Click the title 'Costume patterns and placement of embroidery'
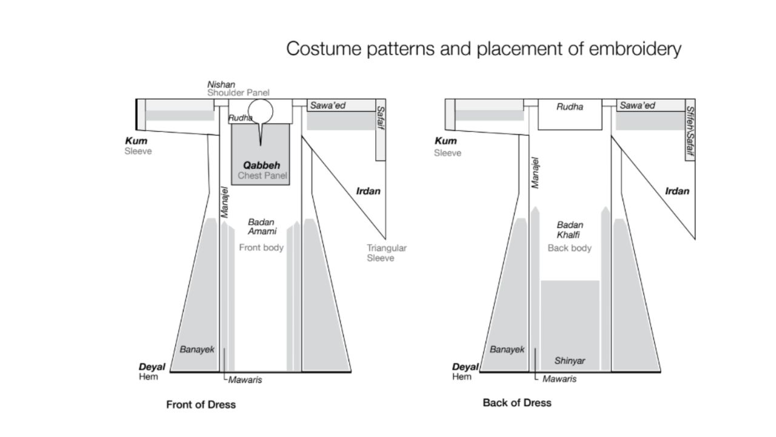click(x=483, y=49)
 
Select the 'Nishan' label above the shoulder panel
click(x=221, y=84)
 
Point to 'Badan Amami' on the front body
click(x=262, y=226)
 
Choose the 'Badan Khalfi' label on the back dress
click(x=570, y=229)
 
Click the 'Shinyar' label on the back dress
click(x=570, y=361)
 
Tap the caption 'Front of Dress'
click(x=201, y=404)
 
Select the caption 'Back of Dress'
click(x=517, y=402)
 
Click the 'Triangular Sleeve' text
click(x=386, y=253)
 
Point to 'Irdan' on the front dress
click(x=368, y=192)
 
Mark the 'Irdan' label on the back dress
click(x=677, y=191)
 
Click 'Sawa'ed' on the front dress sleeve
click(x=328, y=106)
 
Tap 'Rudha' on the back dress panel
click(x=570, y=107)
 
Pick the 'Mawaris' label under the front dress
click(x=245, y=380)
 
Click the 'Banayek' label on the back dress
click(x=507, y=350)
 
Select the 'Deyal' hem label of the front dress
click(x=152, y=367)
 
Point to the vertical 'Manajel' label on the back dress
click(x=535, y=172)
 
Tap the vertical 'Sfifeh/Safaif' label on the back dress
click(x=690, y=130)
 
